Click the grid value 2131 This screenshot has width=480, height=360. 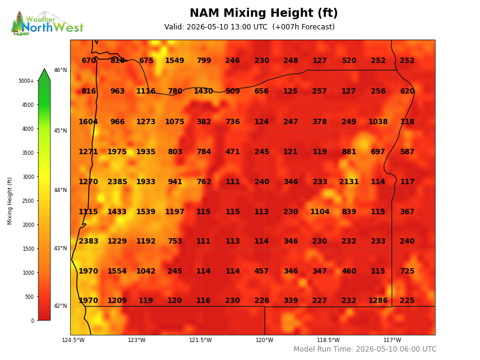349,182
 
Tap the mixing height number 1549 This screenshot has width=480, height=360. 175,61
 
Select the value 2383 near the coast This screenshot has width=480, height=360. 88,241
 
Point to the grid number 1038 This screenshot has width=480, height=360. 378,122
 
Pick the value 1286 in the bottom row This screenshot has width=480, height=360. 378,301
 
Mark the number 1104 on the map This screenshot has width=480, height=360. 320,212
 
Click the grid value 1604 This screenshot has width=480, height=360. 88,122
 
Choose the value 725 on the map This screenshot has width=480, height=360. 407,271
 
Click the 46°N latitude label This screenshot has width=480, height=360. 61,70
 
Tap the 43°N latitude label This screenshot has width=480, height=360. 61,248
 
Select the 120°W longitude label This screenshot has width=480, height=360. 265,340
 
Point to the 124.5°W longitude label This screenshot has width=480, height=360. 73,340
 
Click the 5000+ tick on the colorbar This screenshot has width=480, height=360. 26,81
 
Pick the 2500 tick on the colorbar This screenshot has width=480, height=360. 28,201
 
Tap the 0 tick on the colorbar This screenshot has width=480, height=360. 32,321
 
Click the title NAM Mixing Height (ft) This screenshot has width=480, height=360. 263,13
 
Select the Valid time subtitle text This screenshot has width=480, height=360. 249,27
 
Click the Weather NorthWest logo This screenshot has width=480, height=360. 47,23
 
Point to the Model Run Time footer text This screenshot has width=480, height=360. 365,349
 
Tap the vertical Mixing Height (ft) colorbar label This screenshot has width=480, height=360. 10,201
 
